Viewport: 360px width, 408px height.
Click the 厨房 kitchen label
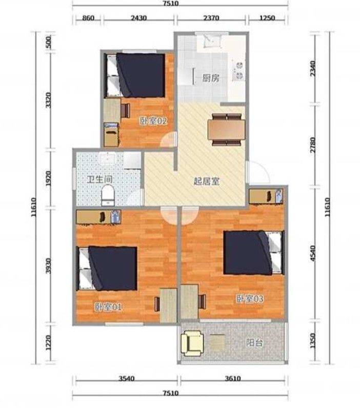pos(211,78)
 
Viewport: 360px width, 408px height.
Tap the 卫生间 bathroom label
pos(99,179)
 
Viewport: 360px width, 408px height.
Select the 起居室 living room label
pos(207,181)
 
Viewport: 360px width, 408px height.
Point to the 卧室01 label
pos(108,308)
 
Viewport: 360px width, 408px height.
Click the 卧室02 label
pos(153,121)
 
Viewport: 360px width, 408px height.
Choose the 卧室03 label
pos(250,299)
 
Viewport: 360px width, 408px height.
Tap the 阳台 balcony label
pos(254,343)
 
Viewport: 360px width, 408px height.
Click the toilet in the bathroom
pos(108,195)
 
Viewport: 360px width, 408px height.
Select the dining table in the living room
pos(226,129)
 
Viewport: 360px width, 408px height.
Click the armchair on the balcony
pos(192,343)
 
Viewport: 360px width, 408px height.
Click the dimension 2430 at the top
pos(139,18)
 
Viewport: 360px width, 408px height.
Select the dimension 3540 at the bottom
pos(127,378)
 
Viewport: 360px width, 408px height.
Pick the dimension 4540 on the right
pos(313,254)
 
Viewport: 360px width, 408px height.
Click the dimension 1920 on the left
pos(48,179)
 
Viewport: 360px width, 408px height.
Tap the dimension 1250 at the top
pos(267,18)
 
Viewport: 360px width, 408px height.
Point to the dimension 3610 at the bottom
pos(233,378)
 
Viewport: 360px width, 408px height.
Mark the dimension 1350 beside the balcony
pos(313,341)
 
